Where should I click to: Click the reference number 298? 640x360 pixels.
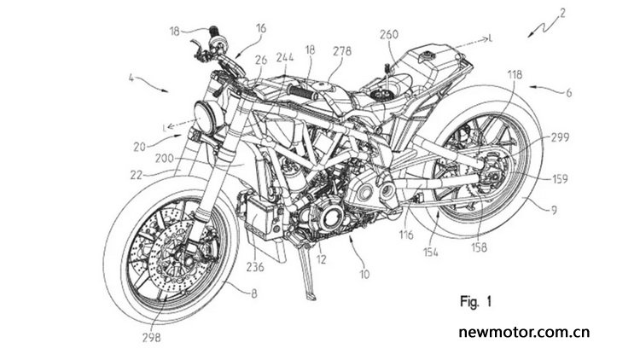(x=151, y=338)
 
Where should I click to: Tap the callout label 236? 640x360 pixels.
(x=255, y=267)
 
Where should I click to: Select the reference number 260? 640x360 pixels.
(x=388, y=34)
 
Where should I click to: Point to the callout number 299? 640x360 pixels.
(x=560, y=137)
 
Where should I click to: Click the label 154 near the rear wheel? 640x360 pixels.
(x=430, y=253)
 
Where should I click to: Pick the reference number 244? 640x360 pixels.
(x=284, y=57)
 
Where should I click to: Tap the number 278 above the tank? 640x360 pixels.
(x=342, y=51)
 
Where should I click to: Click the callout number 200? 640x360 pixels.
(x=165, y=159)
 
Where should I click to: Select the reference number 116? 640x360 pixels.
(x=406, y=235)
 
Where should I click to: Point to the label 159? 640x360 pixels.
(x=559, y=179)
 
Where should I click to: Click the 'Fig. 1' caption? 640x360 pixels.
(x=476, y=302)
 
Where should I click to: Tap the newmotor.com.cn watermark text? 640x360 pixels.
(x=524, y=332)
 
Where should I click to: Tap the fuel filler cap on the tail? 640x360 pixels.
(x=428, y=55)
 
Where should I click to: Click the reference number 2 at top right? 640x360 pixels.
(x=562, y=13)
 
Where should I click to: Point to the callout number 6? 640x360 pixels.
(x=568, y=93)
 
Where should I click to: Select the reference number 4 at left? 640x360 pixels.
(x=131, y=77)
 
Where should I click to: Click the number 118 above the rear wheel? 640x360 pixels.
(x=515, y=74)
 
